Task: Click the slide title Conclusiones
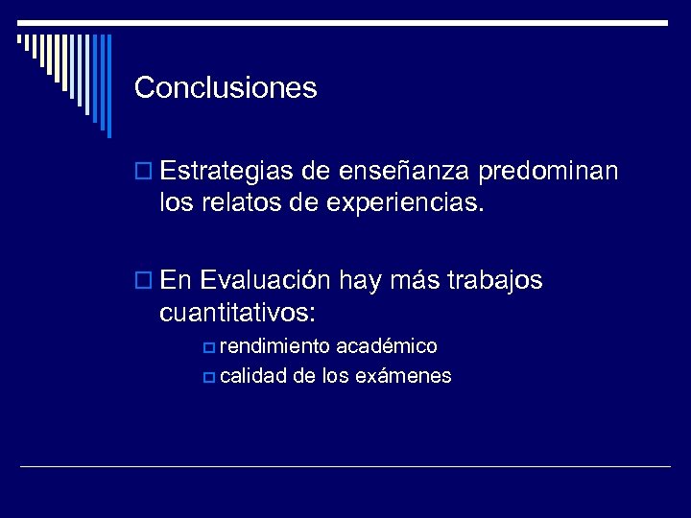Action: [x=226, y=88]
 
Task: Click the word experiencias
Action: [x=402, y=203]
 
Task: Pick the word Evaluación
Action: [x=265, y=280]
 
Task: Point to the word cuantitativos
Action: [x=238, y=312]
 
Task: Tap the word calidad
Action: [x=253, y=376]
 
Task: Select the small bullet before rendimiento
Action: [x=209, y=346]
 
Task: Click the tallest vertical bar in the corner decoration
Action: [x=108, y=86]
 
